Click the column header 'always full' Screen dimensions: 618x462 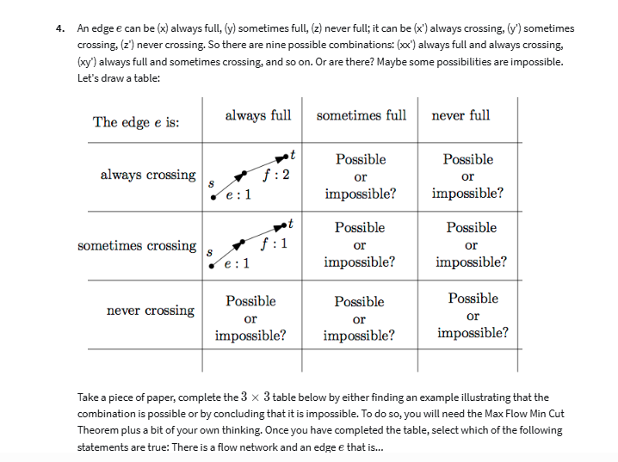257,115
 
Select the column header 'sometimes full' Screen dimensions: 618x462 361,115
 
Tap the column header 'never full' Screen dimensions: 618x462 460,115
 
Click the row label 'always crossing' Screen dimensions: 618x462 147,175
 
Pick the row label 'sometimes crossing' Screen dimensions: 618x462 137,246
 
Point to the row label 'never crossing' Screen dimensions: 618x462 151,311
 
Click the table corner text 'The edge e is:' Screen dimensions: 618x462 136,122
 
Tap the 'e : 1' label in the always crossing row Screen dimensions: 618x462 238,194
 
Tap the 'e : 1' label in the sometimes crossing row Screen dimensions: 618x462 238,262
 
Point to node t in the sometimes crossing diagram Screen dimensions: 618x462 293,224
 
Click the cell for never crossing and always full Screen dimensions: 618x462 250,318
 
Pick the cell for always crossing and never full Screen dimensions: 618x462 467,176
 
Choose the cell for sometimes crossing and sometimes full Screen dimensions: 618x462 360,244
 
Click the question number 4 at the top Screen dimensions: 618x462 59,28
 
